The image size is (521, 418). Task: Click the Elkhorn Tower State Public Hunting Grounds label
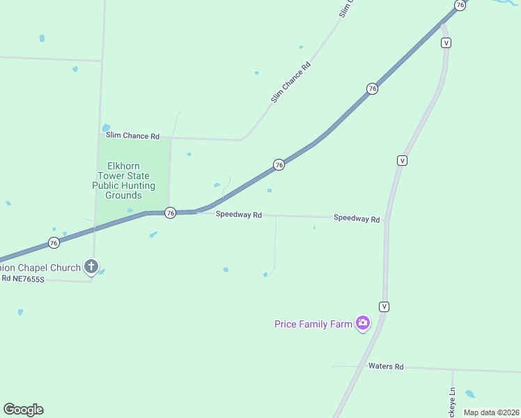point(124,180)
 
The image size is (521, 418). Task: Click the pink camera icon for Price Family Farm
point(362,323)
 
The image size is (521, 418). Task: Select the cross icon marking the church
point(91,266)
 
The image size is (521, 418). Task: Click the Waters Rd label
point(386,366)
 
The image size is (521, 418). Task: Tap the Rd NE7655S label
point(22,279)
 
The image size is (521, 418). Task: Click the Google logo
point(23,410)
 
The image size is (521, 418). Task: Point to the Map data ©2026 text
point(491,412)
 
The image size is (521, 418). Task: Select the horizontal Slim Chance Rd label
point(132,136)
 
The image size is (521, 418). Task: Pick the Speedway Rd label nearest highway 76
point(238,215)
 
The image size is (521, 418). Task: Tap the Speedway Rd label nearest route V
point(357,219)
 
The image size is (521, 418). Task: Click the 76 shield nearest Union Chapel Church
point(54,242)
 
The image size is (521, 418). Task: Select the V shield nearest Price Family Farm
point(384,307)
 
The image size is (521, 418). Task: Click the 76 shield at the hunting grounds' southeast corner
point(170,213)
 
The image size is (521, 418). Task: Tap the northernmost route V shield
point(446,42)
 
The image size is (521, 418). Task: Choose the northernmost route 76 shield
point(460,5)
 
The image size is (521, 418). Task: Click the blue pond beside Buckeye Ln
point(470,394)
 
